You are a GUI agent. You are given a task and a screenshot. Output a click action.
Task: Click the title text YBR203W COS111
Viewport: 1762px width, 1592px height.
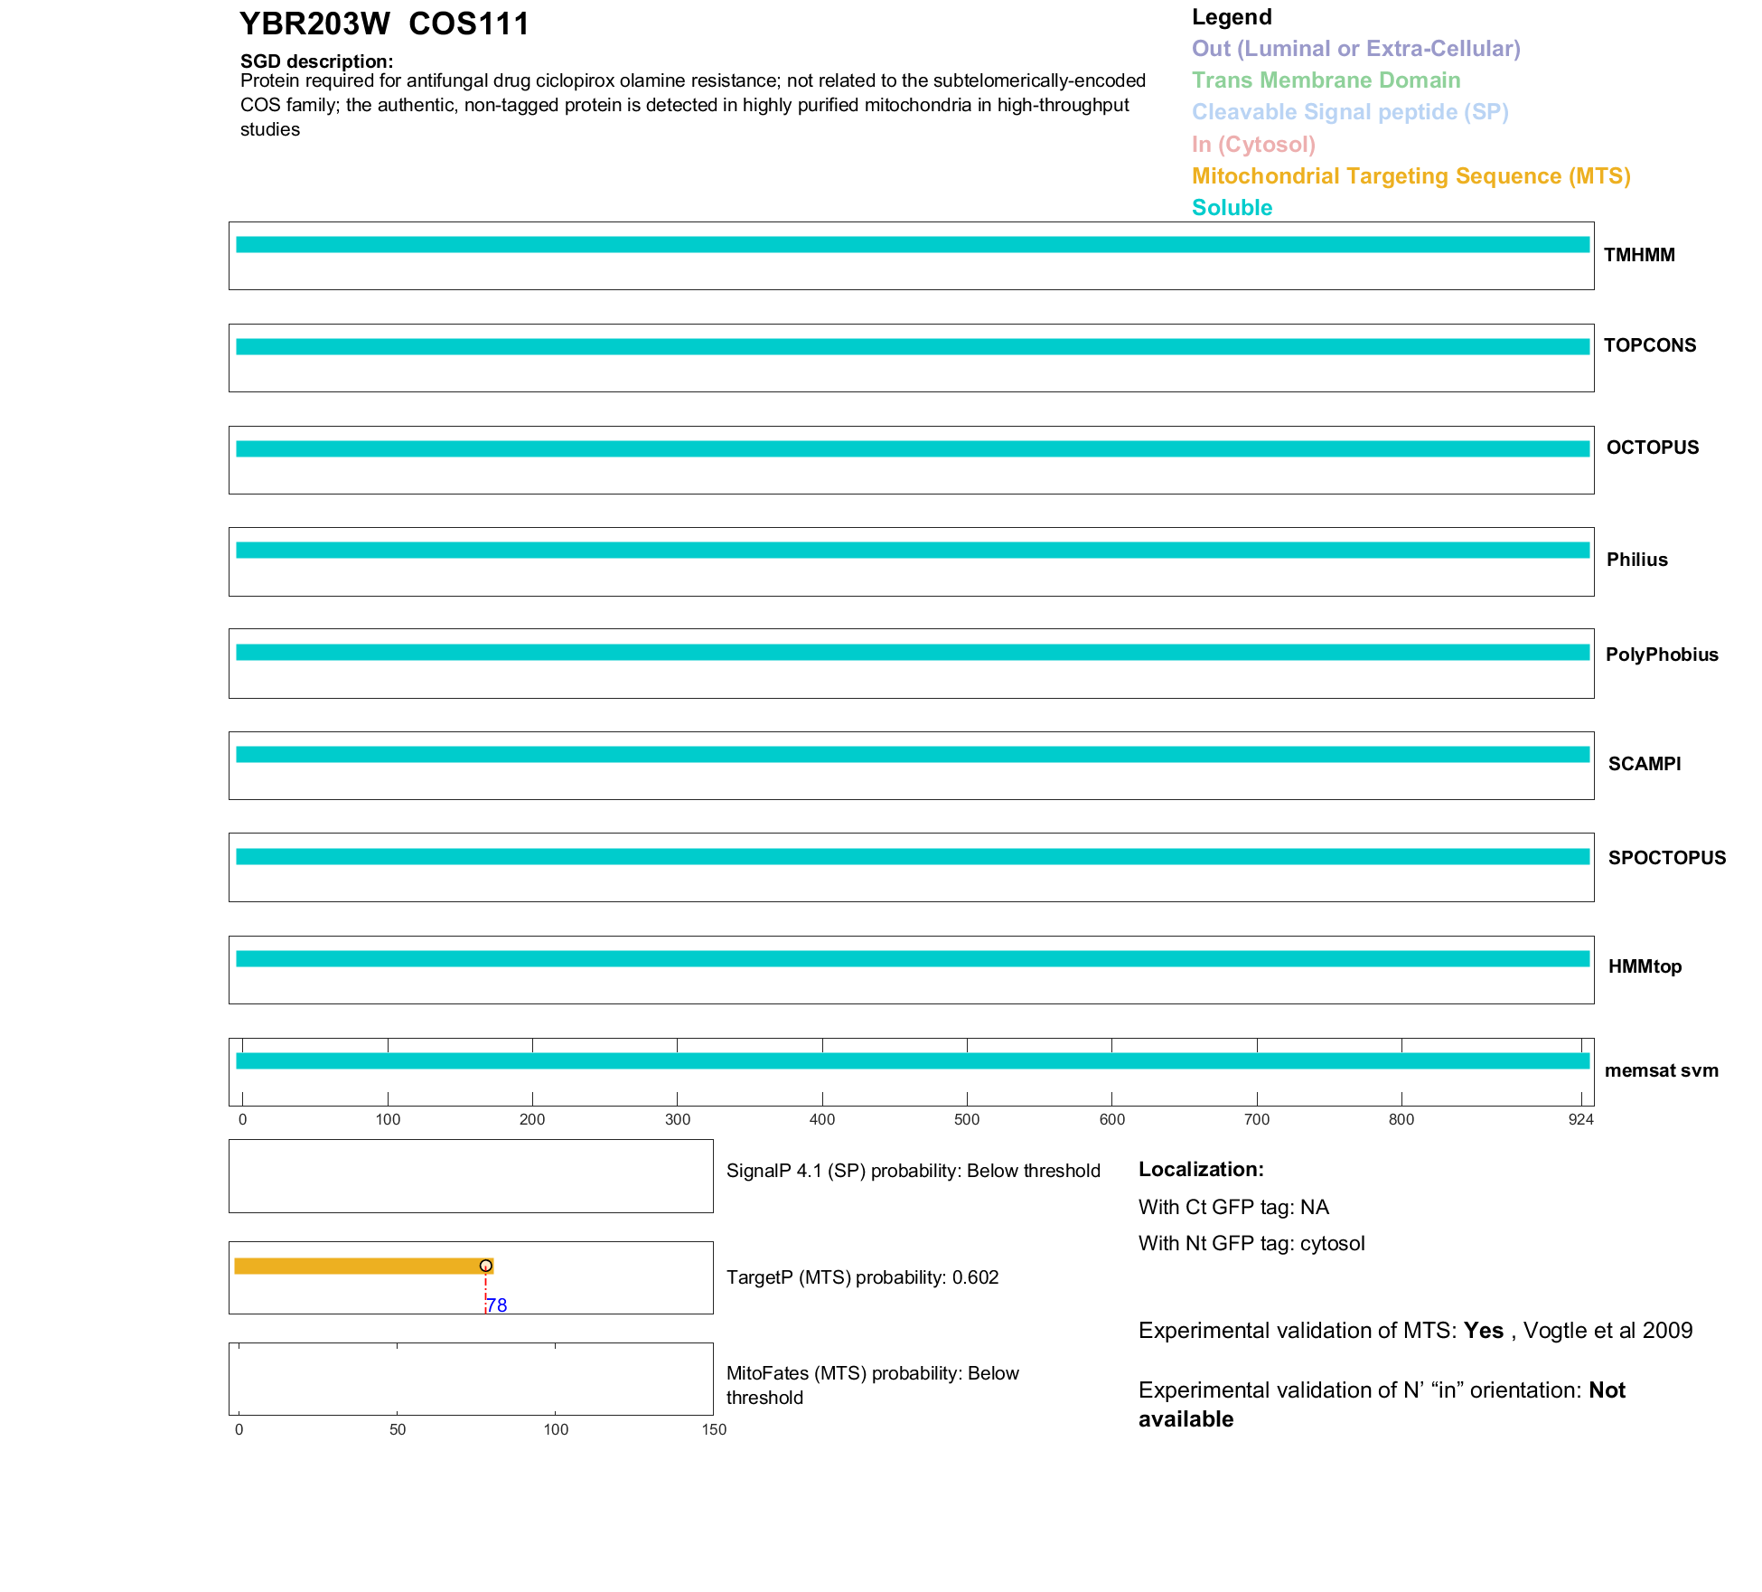(384, 24)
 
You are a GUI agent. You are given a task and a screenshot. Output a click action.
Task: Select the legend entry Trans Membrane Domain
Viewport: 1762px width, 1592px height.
(1326, 80)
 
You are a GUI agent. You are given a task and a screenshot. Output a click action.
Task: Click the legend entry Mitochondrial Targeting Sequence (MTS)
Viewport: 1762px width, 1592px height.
(1411, 176)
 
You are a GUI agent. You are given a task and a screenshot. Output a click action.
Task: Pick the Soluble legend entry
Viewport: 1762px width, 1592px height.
(1232, 208)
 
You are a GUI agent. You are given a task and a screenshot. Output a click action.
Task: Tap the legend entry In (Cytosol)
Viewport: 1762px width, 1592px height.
(1253, 145)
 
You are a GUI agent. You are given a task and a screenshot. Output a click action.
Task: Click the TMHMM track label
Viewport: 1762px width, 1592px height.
(1639, 255)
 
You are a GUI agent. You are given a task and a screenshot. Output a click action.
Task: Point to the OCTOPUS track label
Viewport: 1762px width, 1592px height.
(1653, 447)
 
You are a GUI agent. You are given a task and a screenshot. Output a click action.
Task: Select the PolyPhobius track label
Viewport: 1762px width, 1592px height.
(1662, 655)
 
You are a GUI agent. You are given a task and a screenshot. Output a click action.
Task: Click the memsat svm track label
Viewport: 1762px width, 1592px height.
(1661, 1070)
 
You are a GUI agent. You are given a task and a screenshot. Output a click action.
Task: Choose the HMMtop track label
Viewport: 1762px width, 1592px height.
(1645, 966)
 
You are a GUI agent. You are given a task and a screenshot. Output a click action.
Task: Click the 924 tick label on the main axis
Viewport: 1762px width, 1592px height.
(1580, 1120)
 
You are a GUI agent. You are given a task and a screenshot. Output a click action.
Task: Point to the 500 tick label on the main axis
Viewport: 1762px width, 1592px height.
(967, 1120)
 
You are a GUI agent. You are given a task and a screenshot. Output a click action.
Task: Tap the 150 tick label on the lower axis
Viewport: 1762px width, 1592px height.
(714, 1429)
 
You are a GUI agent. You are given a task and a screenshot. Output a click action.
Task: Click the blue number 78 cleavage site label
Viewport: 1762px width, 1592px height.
(497, 1305)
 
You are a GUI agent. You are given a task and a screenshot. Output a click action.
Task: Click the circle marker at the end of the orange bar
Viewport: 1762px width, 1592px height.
(486, 1266)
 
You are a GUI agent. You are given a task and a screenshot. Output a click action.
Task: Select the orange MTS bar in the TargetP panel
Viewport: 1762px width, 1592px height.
(361, 1266)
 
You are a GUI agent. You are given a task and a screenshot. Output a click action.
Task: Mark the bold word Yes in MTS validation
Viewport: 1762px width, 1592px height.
(1483, 1331)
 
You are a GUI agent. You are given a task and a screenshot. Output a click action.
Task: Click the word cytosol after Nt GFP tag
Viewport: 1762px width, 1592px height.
(1332, 1244)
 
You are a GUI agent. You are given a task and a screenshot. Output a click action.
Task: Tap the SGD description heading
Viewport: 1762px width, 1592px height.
(316, 61)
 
